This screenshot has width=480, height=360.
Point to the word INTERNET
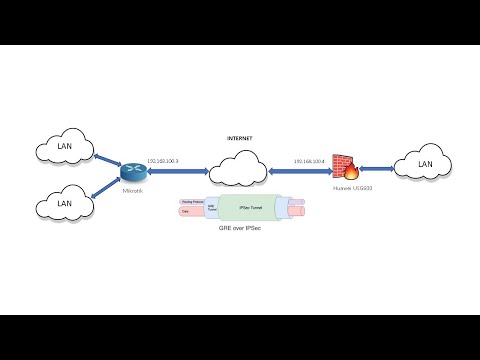pyautogui.click(x=239, y=136)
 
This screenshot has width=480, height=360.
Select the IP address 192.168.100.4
pyautogui.click(x=311, y=160)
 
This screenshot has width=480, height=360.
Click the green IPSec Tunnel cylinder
pyautogui.click(x=250, y=208)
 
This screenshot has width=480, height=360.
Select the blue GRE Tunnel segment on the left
pyautogui.click(x=211, y=208)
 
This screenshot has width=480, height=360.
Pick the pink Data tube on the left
pyautogui.click(x=189, y=213)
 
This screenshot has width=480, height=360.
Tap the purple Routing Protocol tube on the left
pyautogui.click(x=189, y=203)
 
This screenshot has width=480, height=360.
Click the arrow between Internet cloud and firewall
pyautogui.click(x=305, y=170)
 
